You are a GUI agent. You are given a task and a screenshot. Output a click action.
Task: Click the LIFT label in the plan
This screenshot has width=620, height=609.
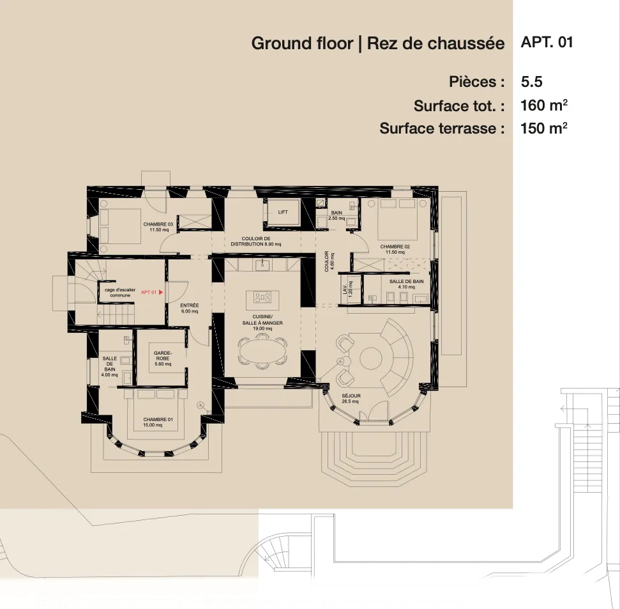[x=283, y=212]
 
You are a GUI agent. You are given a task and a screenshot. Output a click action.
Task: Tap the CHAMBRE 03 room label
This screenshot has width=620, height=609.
[x=158, y=227]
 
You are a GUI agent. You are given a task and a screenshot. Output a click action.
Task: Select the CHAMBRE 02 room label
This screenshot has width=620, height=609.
[x=395, y=249]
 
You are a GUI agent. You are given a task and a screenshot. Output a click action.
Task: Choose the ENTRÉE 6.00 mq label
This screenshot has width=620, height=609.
[x=190, y=308]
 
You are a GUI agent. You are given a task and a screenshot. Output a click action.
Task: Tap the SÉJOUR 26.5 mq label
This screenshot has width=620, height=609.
[x=351, y=399]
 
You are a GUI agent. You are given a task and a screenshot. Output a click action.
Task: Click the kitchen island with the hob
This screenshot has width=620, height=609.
[x=262, y=297]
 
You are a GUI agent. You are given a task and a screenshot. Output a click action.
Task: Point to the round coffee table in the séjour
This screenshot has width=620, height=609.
[x=370, y=358]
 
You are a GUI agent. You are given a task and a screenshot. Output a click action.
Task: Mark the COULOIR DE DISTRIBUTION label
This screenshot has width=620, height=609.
[x=255, y=242]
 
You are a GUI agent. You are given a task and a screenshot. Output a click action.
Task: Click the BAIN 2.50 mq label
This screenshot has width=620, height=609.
[x=336, y=215]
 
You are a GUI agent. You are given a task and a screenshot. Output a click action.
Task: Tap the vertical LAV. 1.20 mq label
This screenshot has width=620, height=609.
[x=346, y=292]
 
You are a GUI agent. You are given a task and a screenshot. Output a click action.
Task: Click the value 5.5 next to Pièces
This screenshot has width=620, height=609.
[x=531, y=82]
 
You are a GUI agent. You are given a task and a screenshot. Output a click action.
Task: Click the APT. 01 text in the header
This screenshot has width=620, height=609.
[x=547, y=43]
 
